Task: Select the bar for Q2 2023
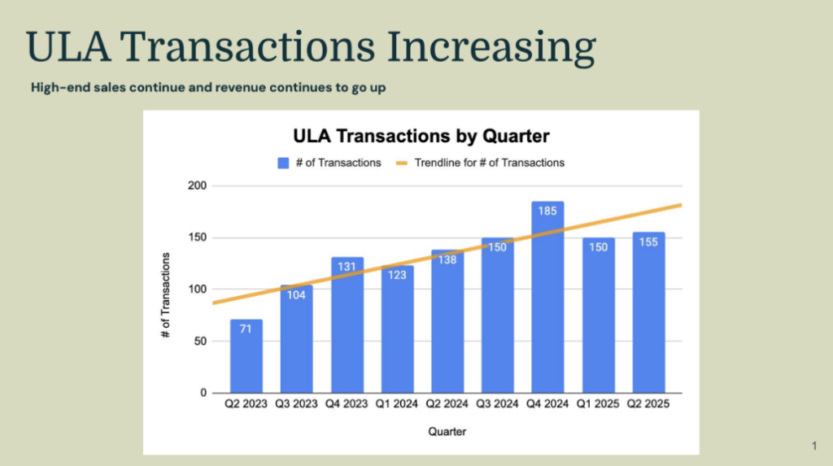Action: pos(246,362)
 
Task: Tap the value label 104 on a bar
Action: pos(297,294)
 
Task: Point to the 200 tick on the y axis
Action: pos(197,186)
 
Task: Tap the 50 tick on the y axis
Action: pos(200,342)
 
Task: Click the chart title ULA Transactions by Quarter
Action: pos(421,136)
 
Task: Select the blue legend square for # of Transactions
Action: pos(283,163)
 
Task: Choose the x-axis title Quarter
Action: pos(448,431)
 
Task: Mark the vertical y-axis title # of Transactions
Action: pos(166,295)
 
